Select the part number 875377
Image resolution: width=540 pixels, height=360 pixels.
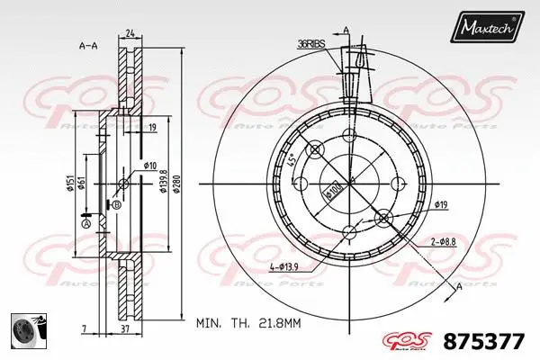485,341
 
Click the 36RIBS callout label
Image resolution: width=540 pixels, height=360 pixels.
311,43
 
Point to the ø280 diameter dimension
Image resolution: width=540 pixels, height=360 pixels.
177,184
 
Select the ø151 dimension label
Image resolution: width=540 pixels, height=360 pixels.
69,184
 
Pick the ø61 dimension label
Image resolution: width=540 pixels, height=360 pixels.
81,184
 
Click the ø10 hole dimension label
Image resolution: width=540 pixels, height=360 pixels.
150,166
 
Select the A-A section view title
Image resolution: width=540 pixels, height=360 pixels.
88,44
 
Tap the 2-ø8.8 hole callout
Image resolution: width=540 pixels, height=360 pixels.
442,241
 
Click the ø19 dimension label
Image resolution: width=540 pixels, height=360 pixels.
441,206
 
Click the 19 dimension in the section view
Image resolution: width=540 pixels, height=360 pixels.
154,128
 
